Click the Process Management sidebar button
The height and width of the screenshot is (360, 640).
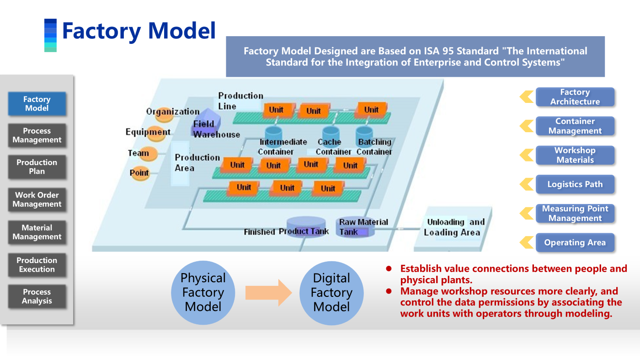(x=37, y=135)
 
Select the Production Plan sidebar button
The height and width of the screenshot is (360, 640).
(x=37, y=167)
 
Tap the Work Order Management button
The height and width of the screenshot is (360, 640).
(x=37, y=199)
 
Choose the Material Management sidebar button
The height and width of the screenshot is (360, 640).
(x=37, y=232)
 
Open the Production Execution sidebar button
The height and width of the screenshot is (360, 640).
(x=37, y=265)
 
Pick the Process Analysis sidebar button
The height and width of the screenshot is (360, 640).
(x=37, y=296)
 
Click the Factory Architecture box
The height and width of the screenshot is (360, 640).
(x=575, y=97)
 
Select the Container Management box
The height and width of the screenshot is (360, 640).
(x=575, y=126)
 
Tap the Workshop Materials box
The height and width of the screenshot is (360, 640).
(x=575, y=155)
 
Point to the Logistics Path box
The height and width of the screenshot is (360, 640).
(x=575, y=184)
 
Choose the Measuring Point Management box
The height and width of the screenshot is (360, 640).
(x=575, y=214)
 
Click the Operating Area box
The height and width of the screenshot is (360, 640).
(x=575, y=243)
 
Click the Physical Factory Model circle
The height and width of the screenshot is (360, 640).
(x=203, y=293)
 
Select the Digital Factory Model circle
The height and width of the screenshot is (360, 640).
(x=331, y=293)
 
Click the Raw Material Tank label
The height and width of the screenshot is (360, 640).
(x=363, y=227)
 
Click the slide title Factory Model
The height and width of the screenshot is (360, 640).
(x=139, y=31)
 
